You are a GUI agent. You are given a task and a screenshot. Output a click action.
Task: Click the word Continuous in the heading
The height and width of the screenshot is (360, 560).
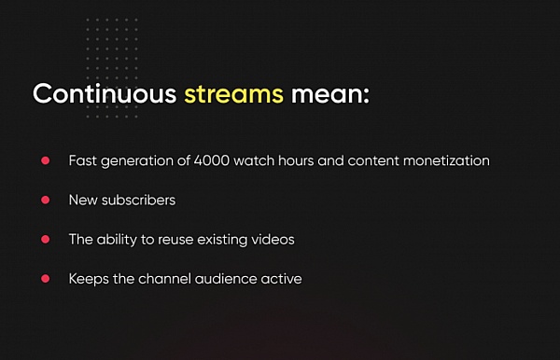105,94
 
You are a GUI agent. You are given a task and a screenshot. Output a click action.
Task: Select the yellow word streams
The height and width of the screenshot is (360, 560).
234,94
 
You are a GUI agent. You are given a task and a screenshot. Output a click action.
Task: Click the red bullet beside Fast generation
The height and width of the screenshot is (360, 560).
46,160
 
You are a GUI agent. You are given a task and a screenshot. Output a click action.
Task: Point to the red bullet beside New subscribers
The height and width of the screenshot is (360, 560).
46,200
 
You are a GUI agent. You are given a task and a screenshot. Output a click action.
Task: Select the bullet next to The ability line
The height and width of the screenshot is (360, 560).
46,239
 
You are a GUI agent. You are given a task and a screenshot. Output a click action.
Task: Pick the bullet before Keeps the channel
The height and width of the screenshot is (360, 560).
46,278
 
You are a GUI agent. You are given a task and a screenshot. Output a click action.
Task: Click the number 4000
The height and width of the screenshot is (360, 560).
212,160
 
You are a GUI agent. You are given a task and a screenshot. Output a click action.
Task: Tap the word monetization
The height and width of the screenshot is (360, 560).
446,160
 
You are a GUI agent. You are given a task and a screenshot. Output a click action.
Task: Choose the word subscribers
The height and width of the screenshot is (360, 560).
138,200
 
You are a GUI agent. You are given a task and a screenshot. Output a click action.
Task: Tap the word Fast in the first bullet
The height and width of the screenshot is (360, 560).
83,160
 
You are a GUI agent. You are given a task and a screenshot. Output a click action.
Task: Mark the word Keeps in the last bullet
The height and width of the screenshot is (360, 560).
89,279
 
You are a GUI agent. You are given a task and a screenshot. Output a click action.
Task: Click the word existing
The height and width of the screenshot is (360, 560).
222,240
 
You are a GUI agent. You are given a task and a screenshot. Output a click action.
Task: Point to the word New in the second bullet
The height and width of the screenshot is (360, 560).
83,200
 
